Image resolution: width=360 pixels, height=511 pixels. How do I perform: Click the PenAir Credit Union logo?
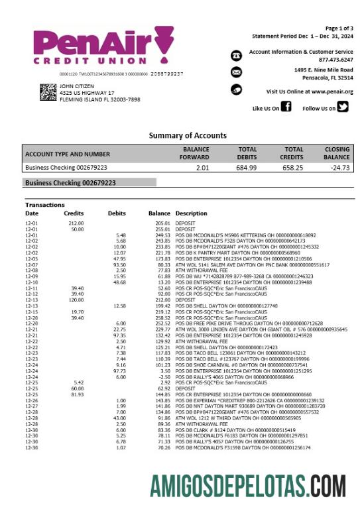[x=103, y=48]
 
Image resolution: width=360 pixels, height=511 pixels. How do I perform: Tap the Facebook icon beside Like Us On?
[x=286, y=107]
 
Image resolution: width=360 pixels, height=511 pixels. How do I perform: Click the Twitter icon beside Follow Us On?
[x=342, y=107]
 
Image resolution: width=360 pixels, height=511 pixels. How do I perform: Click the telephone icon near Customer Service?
[x=237, y=55]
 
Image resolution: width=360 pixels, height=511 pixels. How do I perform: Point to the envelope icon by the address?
[x=237, y=72]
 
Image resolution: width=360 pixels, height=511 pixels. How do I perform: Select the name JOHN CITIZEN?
[x=78, y=86]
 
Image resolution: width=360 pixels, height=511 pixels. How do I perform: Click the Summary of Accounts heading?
[x=188, y=135]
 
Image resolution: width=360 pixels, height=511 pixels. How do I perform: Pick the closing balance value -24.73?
[x=339, y=168]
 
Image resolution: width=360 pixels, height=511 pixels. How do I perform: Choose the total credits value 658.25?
[x=293, y=168]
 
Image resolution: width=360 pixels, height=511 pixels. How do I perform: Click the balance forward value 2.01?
[x=202, y=168]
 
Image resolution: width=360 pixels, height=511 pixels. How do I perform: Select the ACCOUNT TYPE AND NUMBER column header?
[x=68, y=154]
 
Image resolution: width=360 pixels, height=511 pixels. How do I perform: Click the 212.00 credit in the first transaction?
[x=76, y=224]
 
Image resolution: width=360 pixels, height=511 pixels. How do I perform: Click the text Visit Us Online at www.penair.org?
[x=310, y=91]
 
